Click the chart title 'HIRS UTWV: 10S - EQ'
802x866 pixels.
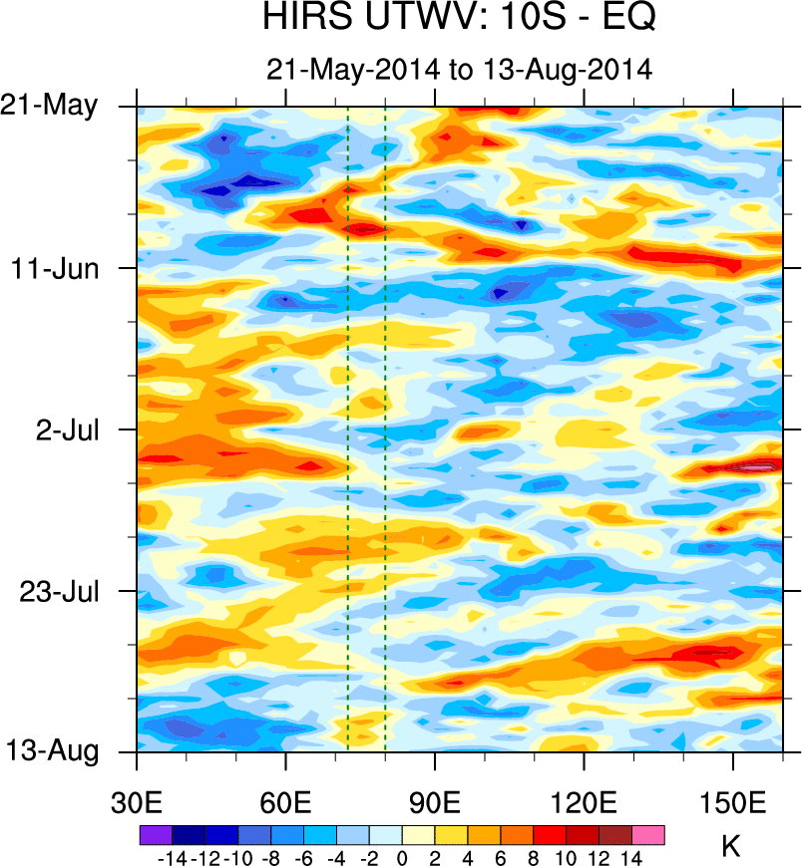[x=460, y=17]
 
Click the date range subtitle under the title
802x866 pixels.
[x=459, y=70]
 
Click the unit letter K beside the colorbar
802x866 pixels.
[x=731, y=847]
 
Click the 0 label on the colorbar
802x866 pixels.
[x=402, y=857]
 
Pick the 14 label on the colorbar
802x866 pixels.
[x=632, y=857]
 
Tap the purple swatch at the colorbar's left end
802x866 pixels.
[x=156, y=835]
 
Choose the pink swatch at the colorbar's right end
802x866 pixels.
[x=648, y=835]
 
